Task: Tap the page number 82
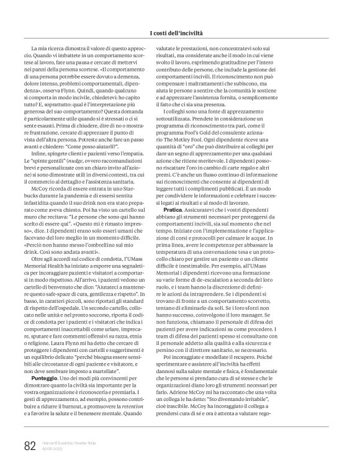[30, 446]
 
